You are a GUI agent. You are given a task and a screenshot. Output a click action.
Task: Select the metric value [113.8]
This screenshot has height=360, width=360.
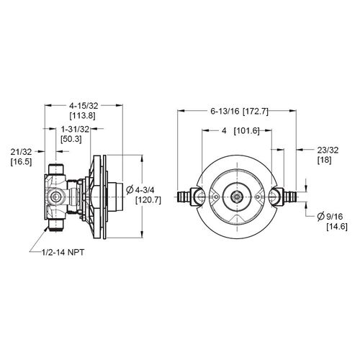(x=85, y=116)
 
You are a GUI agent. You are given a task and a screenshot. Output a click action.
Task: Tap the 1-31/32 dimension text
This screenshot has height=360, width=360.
(x=74, y=129)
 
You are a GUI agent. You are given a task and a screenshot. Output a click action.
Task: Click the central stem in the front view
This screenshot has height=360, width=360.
(x=237, y=195)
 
